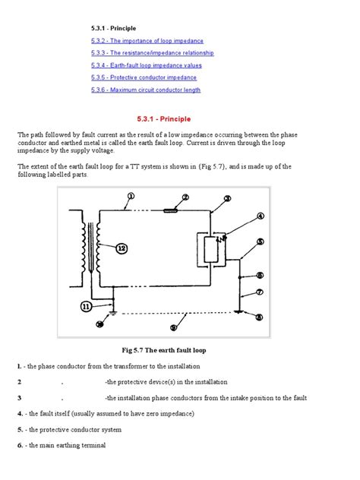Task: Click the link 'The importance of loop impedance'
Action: (x=147, y=40)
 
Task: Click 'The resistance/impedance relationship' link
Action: (x=153, y=53)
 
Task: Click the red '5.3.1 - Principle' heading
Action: (x=164, y=119)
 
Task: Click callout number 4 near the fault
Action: (x=261, y=216)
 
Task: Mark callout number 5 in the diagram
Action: (x=260, y=242)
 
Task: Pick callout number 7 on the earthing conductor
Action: (x=259, y=292)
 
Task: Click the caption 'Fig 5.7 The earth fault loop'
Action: (x=164, y=350)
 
